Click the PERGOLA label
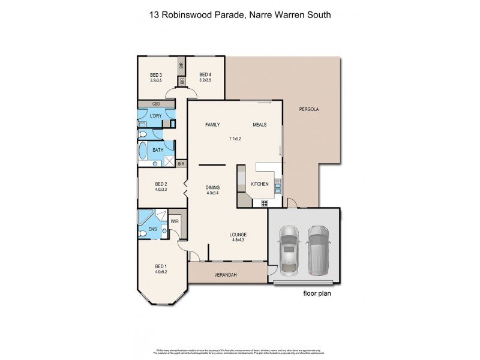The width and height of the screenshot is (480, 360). coord(309,110)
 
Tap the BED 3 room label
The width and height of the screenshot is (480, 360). coord(157,75)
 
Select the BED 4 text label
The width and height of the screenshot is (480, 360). coord(205,75)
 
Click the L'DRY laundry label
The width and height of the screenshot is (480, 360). coord(155,115)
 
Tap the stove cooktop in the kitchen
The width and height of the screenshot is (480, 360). coord(264,203)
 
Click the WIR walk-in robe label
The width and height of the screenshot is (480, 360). coord(175,221)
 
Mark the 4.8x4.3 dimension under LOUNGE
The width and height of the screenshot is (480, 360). coord(238,240)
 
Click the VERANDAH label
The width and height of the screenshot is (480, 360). coord(226,275)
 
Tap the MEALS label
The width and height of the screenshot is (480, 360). coord(259,125)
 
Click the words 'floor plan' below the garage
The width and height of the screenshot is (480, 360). coord(317,294)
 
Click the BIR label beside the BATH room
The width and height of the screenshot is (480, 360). coord(180,163)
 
